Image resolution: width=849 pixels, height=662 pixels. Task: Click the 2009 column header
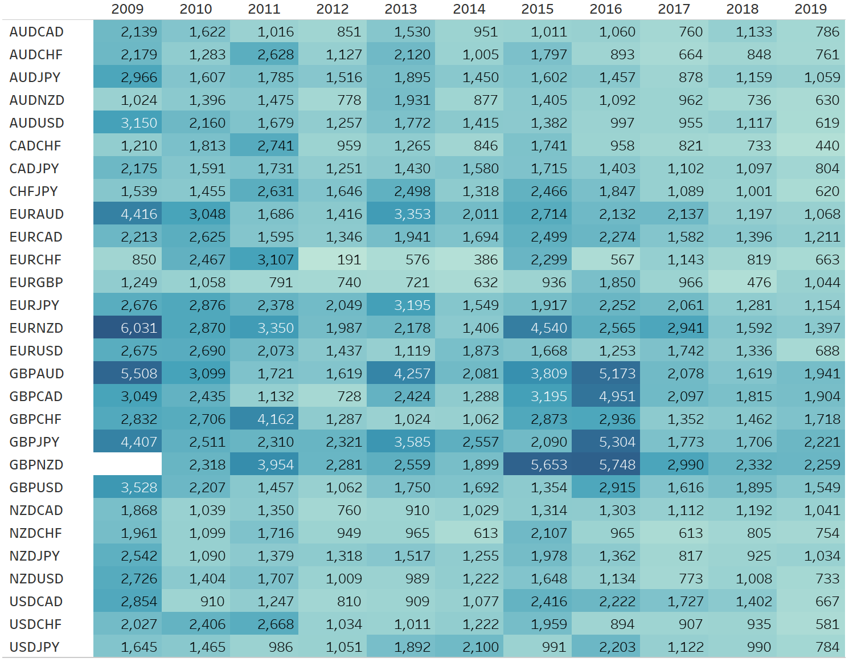click(x=128, y=9)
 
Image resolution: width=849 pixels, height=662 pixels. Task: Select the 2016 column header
click(x=606, y=9)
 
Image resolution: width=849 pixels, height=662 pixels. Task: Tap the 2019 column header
click(x=811, y=9)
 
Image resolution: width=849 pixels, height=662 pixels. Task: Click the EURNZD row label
click(x=36, y=328)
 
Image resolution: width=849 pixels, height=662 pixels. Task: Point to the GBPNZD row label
click(x=36, y=465)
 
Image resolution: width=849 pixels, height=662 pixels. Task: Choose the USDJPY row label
click(x=35, y=647)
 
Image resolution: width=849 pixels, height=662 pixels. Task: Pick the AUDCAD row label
click(x=36, y=32)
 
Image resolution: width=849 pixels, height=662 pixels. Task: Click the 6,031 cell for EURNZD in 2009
click(x=128, y=328)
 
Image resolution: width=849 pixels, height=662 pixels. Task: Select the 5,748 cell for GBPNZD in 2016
click(x=606, y=465)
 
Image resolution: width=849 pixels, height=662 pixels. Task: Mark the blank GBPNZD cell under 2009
click(x=128, y=465)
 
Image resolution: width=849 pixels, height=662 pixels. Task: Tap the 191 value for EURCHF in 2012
click(x=333, y=260)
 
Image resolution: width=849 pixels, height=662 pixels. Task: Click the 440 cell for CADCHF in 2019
click(x=811, y=146)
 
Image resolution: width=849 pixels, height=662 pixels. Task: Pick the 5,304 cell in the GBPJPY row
click(x=606, y=442)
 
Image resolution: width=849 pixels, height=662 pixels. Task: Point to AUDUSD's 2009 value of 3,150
click(x=128, y=123)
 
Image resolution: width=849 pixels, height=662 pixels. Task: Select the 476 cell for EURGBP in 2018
click(x=743, y=283)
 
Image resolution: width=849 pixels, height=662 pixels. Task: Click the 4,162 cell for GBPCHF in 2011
click(x=265, y=419)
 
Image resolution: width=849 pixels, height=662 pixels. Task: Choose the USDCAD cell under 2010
click(x=196, y=602)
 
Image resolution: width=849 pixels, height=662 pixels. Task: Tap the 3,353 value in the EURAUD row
click(x=401, y=214)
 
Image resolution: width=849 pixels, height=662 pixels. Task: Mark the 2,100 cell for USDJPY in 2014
click(x=470, y=647)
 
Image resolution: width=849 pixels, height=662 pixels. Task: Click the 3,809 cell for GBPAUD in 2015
click(x=538, y=374)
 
